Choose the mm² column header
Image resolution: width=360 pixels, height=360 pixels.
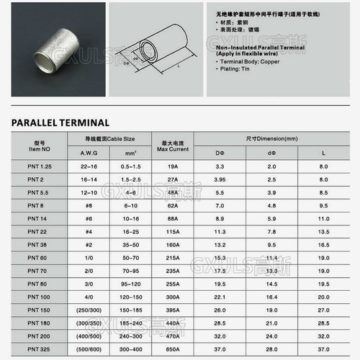coord(131,153)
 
